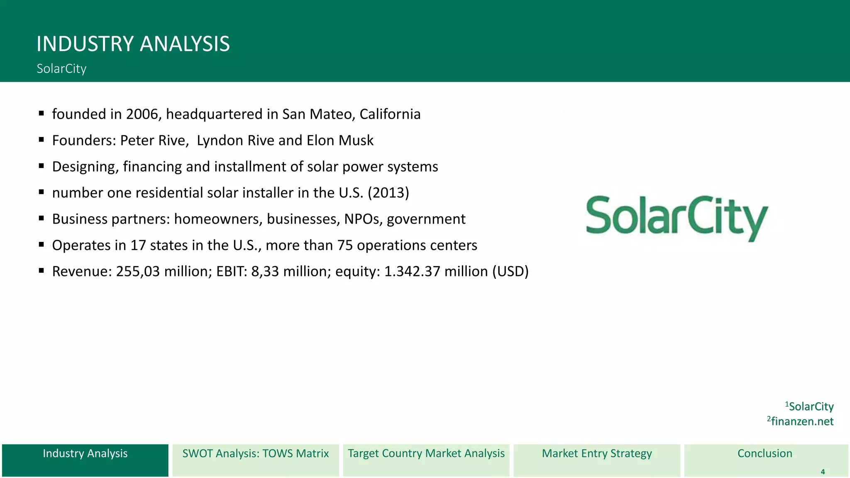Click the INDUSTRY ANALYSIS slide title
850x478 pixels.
[x=133, y=44]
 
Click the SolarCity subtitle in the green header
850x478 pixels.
[x=61, y=68]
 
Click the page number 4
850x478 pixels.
[x=823, y=472]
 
